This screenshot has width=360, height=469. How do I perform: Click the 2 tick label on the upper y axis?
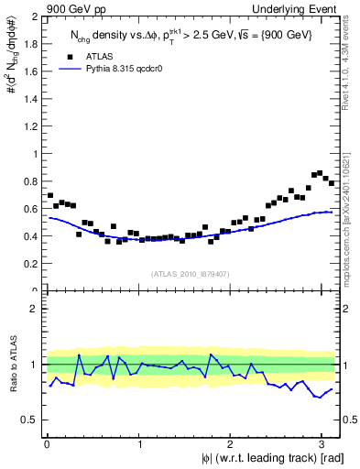pyautogui.click(x=33, y=17)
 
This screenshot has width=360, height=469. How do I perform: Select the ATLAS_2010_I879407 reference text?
pyautogui.click(x=191, y=273)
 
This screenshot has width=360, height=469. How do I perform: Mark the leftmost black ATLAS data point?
pyautogui.click(x=49, y=195)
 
